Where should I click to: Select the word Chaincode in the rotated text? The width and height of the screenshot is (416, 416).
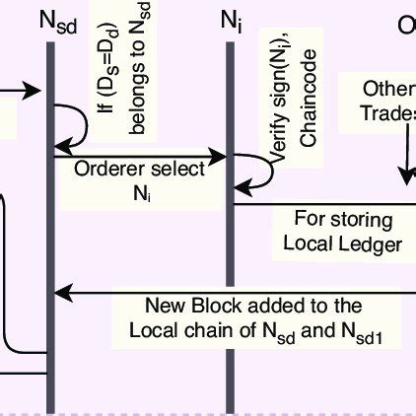point(309,123)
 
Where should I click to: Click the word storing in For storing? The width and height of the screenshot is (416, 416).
point(359,219)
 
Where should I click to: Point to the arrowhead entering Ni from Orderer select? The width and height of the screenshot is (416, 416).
point(223,155)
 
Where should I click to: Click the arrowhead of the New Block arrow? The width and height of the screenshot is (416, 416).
point(61,293)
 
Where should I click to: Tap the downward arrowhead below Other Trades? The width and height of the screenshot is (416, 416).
point(405,176)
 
